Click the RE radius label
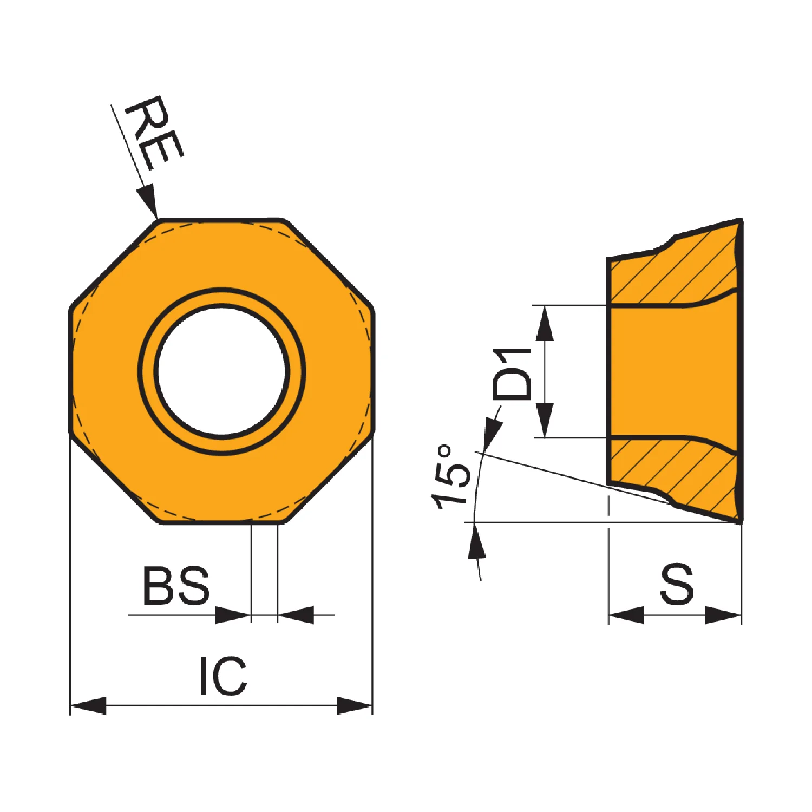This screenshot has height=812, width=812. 155,133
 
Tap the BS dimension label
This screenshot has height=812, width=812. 176,586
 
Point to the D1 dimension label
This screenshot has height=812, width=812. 512,374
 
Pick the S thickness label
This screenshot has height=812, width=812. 677,584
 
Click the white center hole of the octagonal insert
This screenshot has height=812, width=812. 222,371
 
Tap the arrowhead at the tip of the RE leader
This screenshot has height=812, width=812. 148,200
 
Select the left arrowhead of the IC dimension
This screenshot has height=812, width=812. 88,706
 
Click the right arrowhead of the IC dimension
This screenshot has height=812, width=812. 355,706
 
